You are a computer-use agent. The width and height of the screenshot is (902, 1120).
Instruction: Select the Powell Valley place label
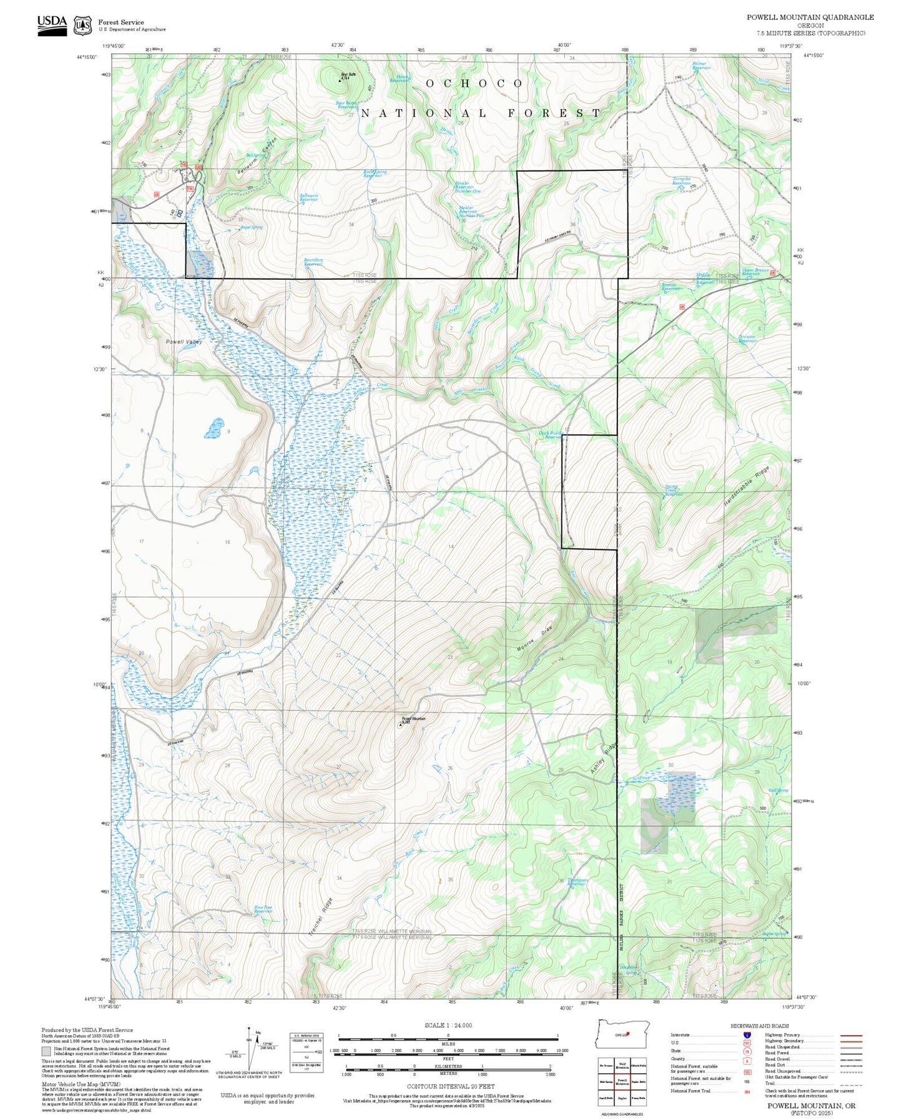tap(184, 341)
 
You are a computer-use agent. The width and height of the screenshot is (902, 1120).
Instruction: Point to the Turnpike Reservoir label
tap(682, 182)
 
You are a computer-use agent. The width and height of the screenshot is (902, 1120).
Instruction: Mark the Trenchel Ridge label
tap(321, 916)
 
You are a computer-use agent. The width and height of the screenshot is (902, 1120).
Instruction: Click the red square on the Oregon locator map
tap(627, 1033)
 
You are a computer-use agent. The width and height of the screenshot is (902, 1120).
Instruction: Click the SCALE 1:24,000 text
tap(448, 1025)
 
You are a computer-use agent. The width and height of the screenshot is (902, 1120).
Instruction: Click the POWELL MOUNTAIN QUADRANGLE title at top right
tap(810, 17)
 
